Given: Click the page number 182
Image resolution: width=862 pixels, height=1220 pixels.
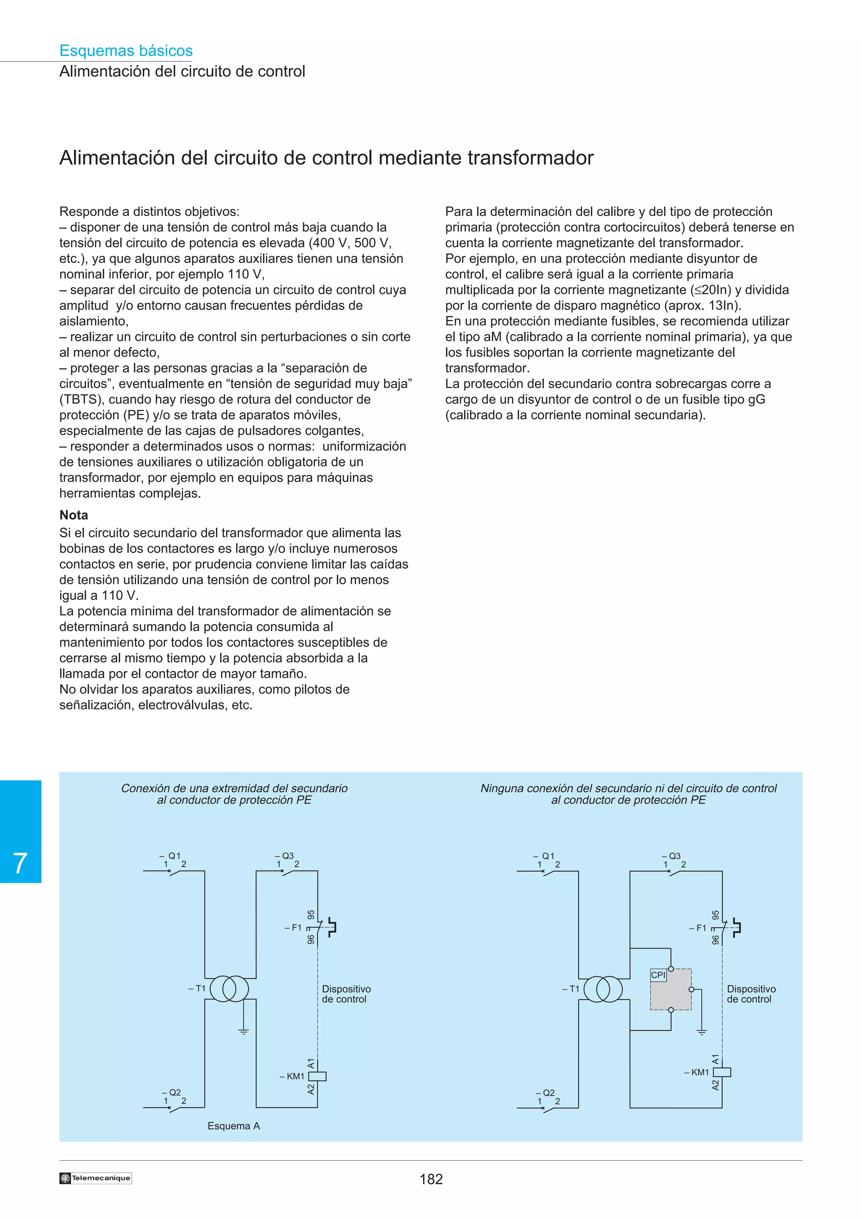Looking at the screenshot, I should click(431, 1179).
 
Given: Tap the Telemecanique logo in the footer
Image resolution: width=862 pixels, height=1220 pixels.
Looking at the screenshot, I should click(96, 1178).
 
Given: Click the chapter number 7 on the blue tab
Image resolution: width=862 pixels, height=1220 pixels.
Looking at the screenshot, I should click(20, 863).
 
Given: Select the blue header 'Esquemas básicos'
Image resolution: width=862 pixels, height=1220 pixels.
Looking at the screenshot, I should click(126, 51).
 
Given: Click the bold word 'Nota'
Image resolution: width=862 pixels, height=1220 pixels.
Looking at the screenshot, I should click(74, 515).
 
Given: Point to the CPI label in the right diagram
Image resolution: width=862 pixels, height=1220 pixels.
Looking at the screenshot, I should click(658, 975).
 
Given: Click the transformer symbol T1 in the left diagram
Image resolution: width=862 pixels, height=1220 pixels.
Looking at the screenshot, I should click(229, 989).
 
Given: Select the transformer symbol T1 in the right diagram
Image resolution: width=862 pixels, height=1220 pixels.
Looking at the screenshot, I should click(603, 989).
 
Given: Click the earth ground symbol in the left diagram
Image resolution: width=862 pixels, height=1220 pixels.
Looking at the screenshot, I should click(244, 1031).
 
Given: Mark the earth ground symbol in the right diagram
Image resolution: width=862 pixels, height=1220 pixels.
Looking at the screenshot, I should click(702, 1032).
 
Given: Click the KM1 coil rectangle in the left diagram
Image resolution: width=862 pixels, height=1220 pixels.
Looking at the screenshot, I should click(318, 1076).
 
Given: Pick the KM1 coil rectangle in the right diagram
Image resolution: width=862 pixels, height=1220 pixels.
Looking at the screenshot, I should click(722, 1072).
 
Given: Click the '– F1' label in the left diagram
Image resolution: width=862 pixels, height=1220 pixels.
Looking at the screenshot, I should click(293, 928).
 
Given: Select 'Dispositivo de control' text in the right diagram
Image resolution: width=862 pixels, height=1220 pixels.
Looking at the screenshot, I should click(751, 994).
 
